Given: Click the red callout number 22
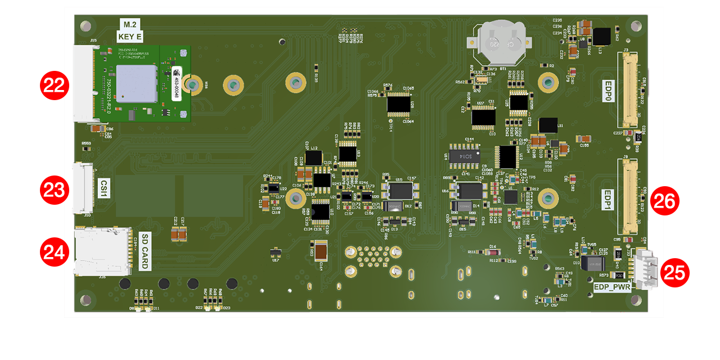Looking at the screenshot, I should pyautogui.click(x=54, y=86).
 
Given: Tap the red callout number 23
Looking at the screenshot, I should pyautogui.click(x=54, y=190).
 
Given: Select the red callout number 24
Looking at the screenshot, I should pyautogui.click(x=54, y=251).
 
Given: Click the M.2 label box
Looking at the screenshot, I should pyautogui.click(x=130, y=24).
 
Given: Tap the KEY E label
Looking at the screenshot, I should pyautogui.click(x=130, y=37).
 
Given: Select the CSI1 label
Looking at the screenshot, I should pyautogui.click(x=103, y=188).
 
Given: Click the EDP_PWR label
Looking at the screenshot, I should pyautogui.click(x=612, y=287).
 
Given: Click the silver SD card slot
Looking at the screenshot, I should pyautogui.click(x=99, y=251).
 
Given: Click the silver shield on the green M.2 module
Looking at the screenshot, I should pyautogui.click(x=137, y=83).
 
